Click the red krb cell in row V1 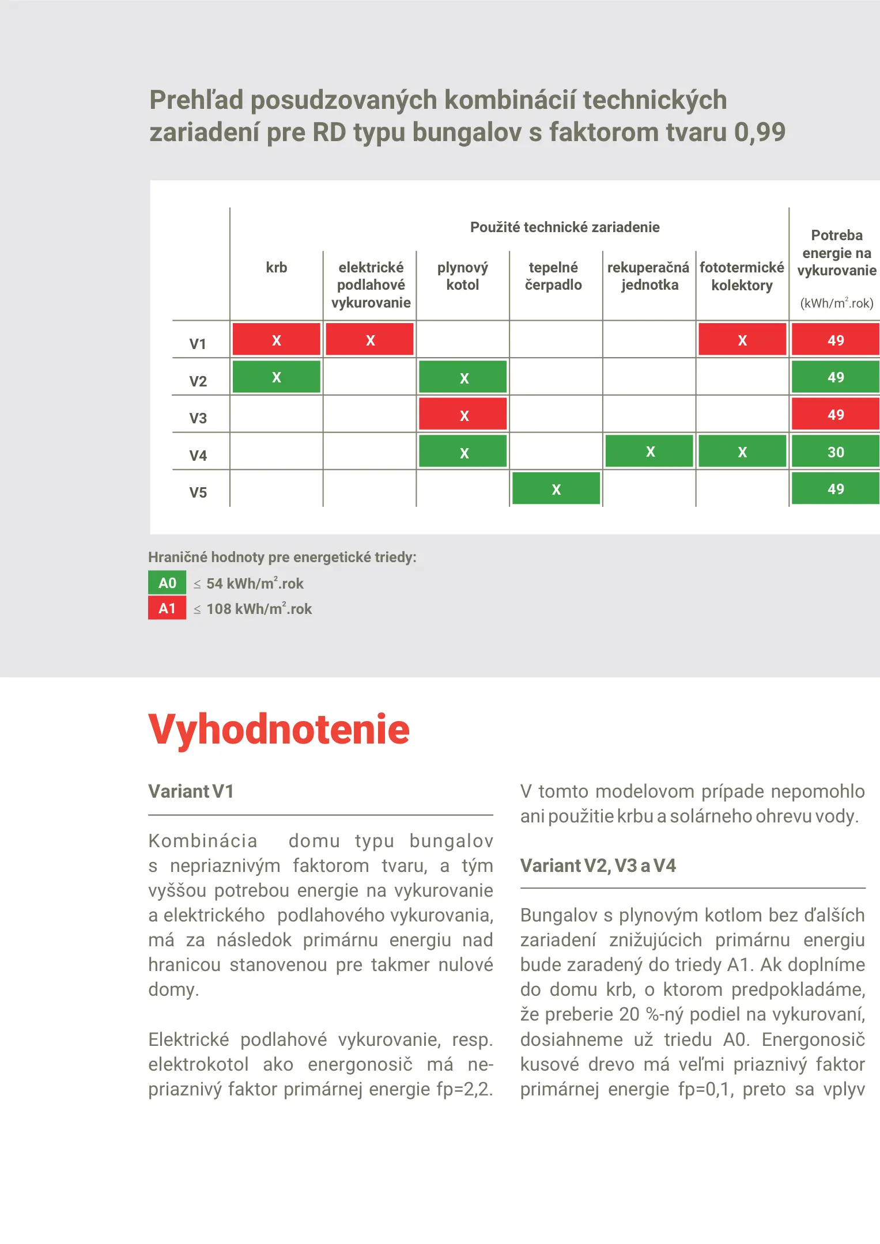[x=276, y=339]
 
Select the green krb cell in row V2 [x=276, y=377]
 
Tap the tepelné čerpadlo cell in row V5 [x=556, y=488]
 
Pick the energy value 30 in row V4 [x=835, y=452]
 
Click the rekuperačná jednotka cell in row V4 [x=649, y=451]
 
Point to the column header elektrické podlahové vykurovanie [x=371, y=285]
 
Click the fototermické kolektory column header [x=742, y=276]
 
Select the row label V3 [x=198, y=418]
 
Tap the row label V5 [x=198, y=492]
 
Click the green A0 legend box [x=167, y=583]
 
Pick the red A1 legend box [x=167, y=608]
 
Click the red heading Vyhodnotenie [x=279, y=730]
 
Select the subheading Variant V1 [x=191, y=791]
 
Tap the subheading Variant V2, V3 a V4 [x=598, y=866]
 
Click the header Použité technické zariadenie [x=565, y=227]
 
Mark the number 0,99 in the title [x=760, y=132]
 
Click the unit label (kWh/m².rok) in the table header [x=836, y=303]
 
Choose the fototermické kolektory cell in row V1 [x=742, y=339]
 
